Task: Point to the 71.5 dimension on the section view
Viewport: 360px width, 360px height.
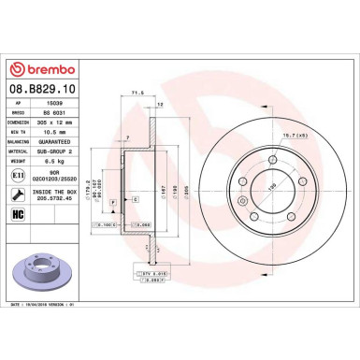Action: click(x=138, y=94)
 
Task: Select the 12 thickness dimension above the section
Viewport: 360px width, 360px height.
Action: click(x=161, y=103)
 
